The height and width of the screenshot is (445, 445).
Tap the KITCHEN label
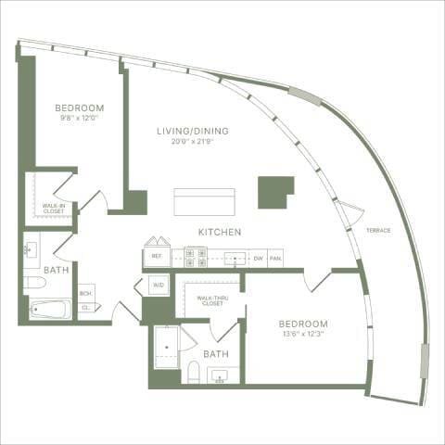(x=220, y=231)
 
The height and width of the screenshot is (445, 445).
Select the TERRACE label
(x=377, y=229)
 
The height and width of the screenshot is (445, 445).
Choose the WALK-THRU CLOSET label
(x=209, y=299)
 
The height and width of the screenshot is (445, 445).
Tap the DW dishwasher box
(x=258, y=258)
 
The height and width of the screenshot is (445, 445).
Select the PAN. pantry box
(x=275, y=258)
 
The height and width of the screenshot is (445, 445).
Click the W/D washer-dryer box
(x=158, y=286)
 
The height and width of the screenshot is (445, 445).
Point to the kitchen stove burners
(x=195, y=257)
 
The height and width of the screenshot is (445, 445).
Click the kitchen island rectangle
(x=204, y=202)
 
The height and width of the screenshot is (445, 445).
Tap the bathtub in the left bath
(x=50, y=309)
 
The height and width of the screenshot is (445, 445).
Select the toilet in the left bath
(x=32, y=282)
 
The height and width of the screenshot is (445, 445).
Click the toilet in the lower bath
(x=194, y=373)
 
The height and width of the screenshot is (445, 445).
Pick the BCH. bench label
(x=86, y=291)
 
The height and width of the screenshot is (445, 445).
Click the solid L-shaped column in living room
(x=274, y=192)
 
